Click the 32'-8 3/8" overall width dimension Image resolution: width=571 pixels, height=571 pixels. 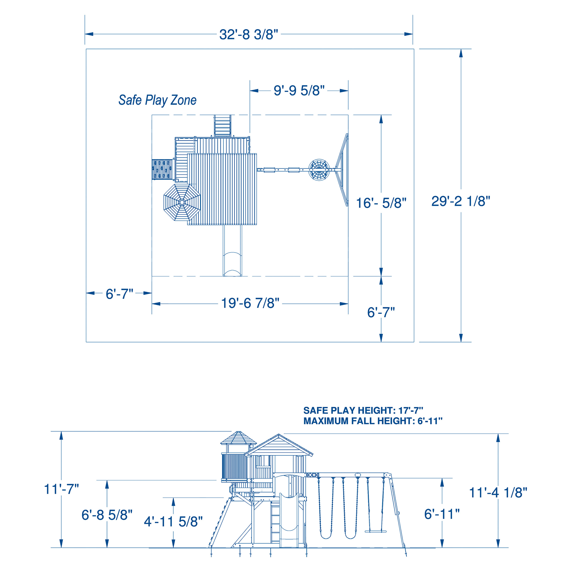coord(249,34)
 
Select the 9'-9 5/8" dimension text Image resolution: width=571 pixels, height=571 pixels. coord(299,90)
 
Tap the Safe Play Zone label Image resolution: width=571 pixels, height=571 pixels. coord(158,100)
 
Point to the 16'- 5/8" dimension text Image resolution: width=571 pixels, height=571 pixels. coord(381,203)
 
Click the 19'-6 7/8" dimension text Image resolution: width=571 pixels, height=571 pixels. coord(250,303)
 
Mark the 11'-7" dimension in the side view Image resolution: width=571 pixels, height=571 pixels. coord(61,489)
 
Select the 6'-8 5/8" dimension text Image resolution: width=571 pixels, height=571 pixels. coord(107,515)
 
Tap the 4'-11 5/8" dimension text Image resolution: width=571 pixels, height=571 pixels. coord(173,522)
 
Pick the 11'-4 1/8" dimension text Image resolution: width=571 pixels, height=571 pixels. coord(498,493)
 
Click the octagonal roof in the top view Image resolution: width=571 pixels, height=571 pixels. coord(182,202)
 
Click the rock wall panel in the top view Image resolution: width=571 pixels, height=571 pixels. coord(162,170)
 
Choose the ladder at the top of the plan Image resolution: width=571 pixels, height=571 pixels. coord(222,126)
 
